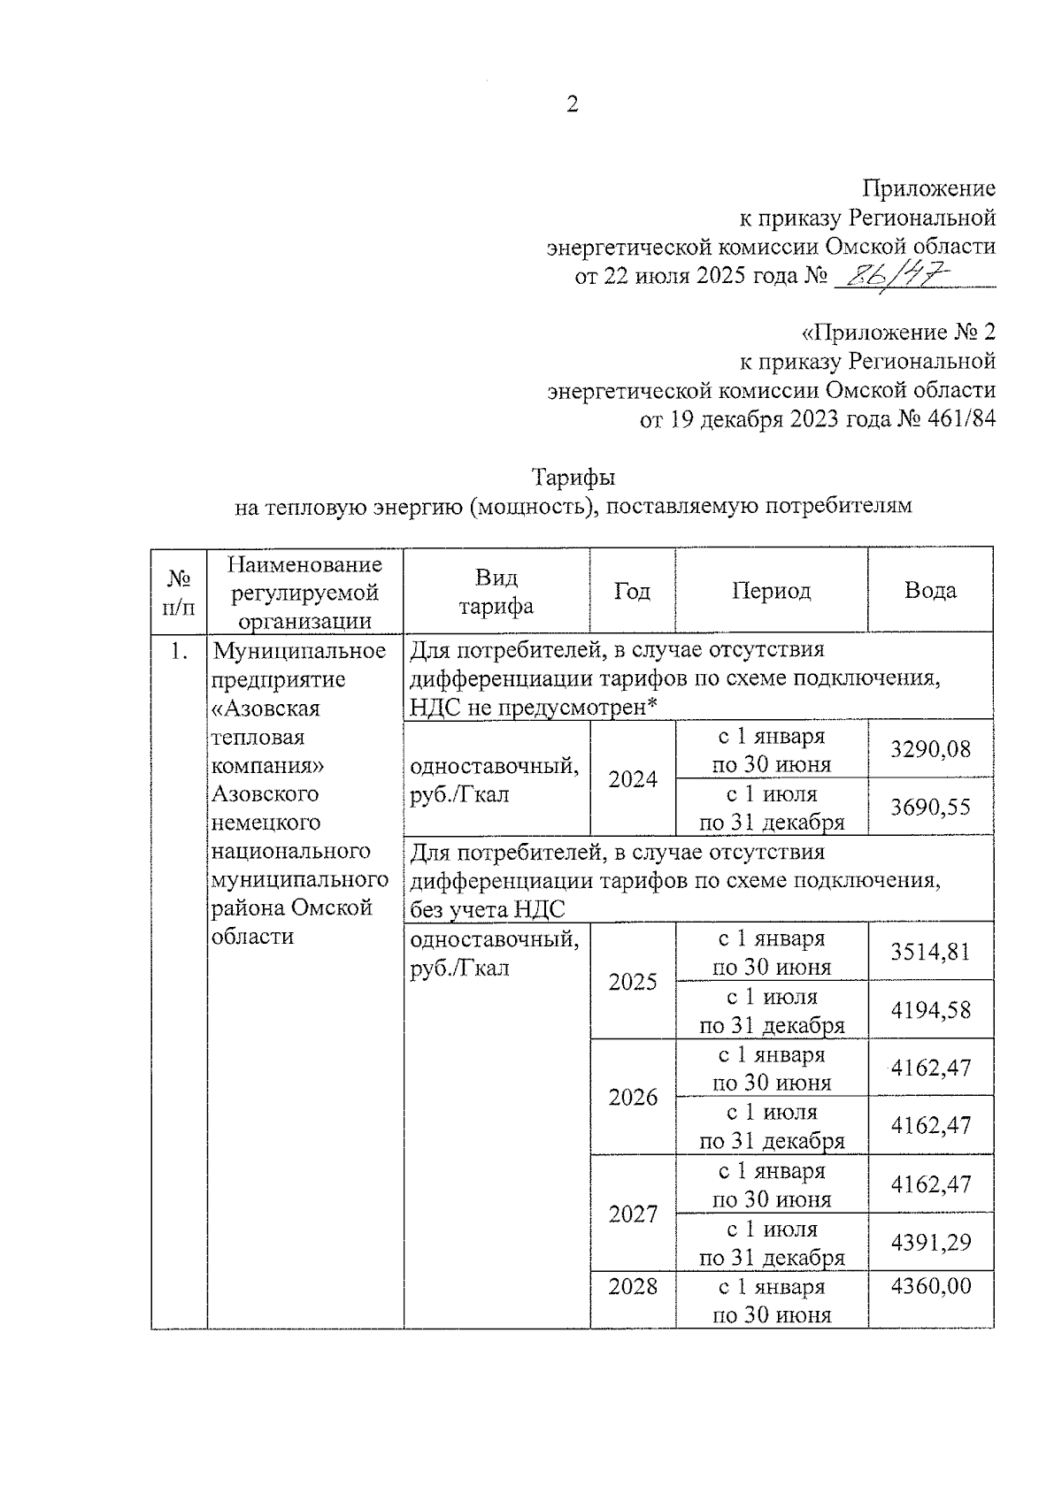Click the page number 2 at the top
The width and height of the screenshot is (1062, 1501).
click(x=572, y=105)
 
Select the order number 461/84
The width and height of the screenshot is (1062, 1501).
click(x=960, y=418)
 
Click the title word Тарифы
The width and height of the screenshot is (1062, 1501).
click(x=573, y=478)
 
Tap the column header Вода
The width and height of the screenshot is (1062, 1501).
click(x=930, y=591)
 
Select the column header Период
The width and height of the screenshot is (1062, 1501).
click(x=771, y=591)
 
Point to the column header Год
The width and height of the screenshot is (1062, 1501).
click(x=632, y=591)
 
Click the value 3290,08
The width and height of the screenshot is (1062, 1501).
click(x=930, y=749)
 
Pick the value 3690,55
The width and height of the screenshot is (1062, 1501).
click(x=930, y=807)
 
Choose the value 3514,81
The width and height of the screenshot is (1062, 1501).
click(x=930, y=952)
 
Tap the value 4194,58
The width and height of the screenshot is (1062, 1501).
click(x=930, y=1010)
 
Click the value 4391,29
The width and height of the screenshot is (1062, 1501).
click(x=930, y=1242)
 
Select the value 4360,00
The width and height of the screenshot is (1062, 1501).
click(x=930, y=1286)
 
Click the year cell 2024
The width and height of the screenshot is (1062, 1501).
click(x=633, y=779)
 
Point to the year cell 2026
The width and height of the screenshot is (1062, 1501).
click(x=633, y=1098)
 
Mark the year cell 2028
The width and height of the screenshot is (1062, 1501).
click(x=633, y=1286)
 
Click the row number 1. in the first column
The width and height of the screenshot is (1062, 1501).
click(x=180, y=652)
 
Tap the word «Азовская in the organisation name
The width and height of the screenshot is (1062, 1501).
click(x=265, y=708)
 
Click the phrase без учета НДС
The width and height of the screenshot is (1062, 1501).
click(x=488, y=909)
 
